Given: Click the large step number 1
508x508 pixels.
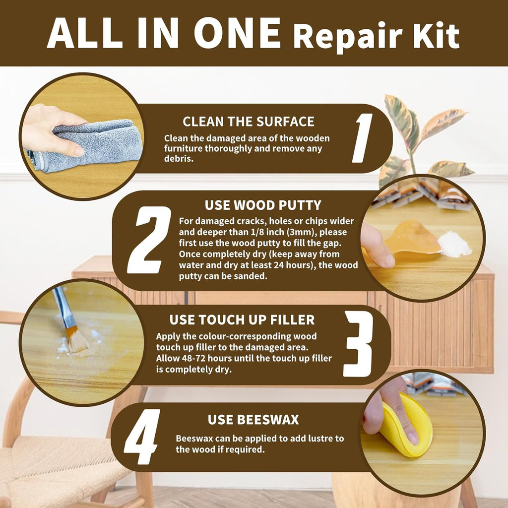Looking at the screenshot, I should pos(363,138).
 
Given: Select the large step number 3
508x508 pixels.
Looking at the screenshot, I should pos(358,344).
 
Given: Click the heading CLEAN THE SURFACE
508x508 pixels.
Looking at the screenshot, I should pos(249,122).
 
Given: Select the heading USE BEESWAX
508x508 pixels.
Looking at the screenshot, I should pos(253,420).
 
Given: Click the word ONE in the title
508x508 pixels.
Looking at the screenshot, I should pos(237,33).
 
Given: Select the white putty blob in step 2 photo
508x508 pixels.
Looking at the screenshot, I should pos(454,245).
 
